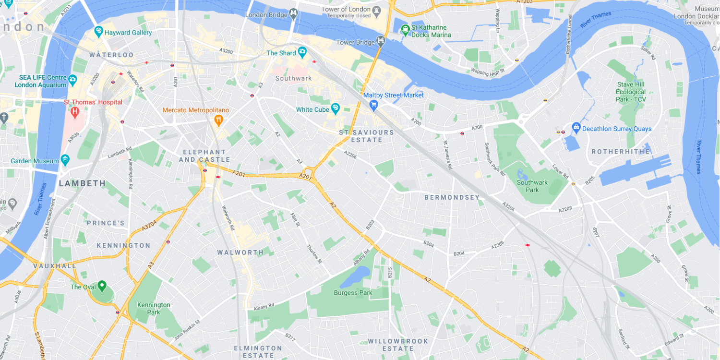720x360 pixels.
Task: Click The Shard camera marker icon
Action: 302,52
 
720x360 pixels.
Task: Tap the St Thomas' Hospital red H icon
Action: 74,112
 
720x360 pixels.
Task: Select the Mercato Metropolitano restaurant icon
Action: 218,120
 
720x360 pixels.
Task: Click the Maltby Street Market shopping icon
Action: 374,105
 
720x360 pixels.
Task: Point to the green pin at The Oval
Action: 102,286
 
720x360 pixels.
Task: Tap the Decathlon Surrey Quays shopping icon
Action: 576,128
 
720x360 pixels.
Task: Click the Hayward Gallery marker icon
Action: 98,32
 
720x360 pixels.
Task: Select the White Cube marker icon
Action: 335,109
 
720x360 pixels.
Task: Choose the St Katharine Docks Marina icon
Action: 406,31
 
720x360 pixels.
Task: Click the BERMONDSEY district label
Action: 452,197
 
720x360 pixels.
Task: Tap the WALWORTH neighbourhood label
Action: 240,252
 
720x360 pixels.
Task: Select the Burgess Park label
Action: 353,293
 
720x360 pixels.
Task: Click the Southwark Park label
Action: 532,186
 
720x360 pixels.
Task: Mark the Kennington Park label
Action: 154,308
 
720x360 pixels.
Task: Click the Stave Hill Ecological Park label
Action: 631,92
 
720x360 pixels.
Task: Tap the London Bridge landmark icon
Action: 293,14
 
